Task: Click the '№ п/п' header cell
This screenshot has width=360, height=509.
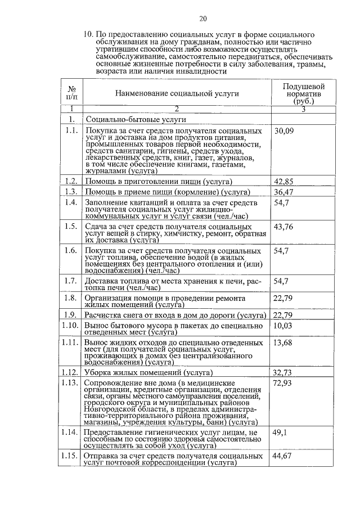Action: point(72,93)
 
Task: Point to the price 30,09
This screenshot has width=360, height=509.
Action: point(283,132)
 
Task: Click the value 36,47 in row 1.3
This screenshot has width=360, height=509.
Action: point(283,192)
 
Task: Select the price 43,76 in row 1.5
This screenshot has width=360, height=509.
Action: point(283,227)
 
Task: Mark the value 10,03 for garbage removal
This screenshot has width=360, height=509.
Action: point(283,326)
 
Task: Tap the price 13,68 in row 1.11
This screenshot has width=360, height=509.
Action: point(283,343)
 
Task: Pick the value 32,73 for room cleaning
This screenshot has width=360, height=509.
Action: point(283,372)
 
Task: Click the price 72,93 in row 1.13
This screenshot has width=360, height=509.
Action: point(283,384)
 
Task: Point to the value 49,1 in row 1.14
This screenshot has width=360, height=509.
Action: point(280,433)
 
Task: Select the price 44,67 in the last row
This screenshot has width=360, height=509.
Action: point(283,456)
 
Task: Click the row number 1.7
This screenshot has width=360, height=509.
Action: point(70,281)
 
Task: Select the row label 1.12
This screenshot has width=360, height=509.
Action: point(70,372)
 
